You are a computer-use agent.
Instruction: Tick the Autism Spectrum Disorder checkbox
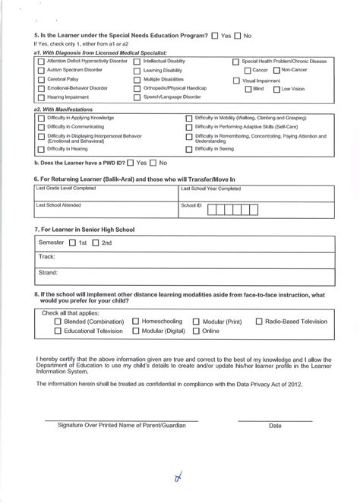pyautogui.click(x=41, y=70)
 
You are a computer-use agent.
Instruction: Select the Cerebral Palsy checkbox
pyautogui.click(x=41, y=79)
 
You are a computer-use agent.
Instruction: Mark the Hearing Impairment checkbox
pyautogui.click(x=41, y=97)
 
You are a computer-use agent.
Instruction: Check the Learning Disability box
pyautogui.click(x=137, y=70)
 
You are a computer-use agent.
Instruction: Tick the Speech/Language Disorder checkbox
pyautogui.click(x=137, y=97)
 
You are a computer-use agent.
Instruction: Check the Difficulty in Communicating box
pyautogui.click(x=41, y=128)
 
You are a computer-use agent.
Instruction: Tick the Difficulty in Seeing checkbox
pyautogui.click(x=189, y=150)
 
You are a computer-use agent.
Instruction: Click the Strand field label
pyautogui.click(x=48, y=271)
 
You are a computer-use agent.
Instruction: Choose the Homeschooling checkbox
pyautogui.click(x=137, y=322)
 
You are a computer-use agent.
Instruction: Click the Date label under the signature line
pyautogui.click(x=275, y=426)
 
